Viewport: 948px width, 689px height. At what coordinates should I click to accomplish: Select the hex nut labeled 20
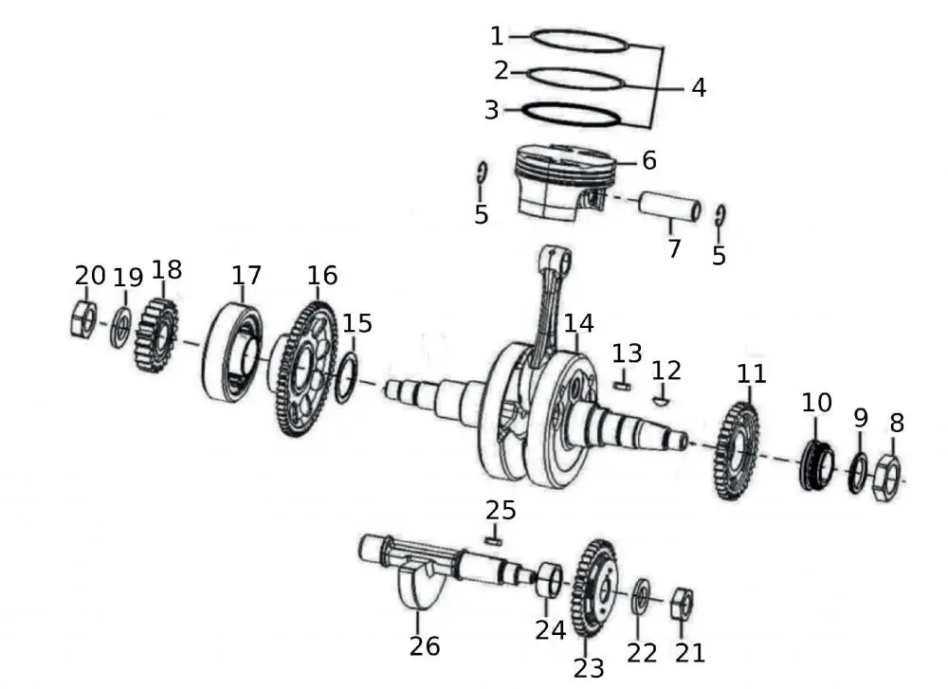(82, 319)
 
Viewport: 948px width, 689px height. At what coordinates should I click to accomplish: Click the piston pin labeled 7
(669, 207)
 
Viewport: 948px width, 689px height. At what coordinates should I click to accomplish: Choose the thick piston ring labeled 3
(572, 113)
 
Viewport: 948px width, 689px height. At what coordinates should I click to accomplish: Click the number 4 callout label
(699, 88)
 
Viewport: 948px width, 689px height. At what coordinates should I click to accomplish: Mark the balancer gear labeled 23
(594, 588)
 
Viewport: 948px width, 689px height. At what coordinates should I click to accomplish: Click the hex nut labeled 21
(682, 604)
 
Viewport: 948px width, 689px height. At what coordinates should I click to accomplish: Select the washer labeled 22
(641, 594)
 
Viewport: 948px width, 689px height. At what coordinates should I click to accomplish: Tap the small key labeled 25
(492, 540)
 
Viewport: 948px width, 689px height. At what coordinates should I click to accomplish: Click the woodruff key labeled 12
(663, 399)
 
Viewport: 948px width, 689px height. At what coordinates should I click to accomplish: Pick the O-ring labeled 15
(346, 376)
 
